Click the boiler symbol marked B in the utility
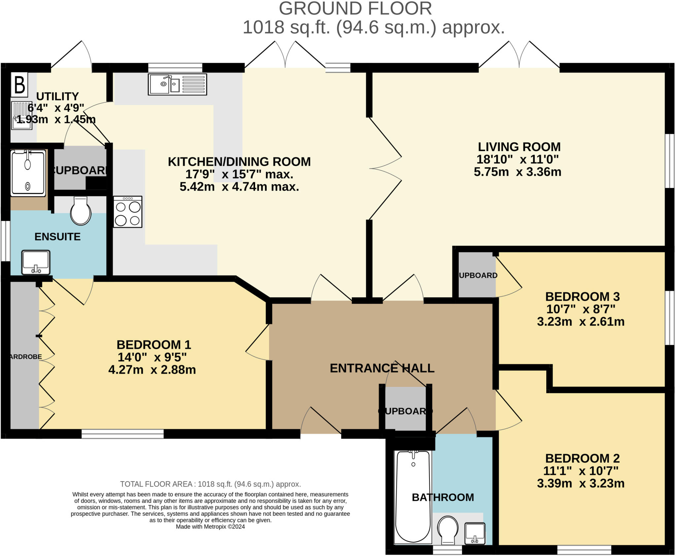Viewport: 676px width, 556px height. click(x=20, y=85)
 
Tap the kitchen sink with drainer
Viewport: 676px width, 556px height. click(x=177, y=84)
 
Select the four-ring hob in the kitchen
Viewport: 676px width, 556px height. click(x=128, y=212)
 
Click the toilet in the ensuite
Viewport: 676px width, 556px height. click(x=81, y=211)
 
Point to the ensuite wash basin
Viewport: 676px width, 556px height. click(x=36, y=262)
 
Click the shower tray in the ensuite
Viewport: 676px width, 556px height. click(x=28, y=173)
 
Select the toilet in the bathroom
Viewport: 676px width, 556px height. click(x=448, y=530)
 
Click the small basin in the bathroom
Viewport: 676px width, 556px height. click(x=475, y=533)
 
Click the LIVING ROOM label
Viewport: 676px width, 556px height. click(x=519, y=147)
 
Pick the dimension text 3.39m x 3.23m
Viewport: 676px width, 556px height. click(x=581, y=483)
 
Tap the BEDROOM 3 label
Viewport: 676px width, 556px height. click(x=582, y=296)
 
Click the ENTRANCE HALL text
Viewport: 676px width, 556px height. click(x=382, y=368)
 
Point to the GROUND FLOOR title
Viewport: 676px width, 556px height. click(x=355, y=9)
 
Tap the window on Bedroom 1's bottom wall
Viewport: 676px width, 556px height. click(x=122, y=434)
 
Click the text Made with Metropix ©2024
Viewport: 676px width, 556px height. click(x=210, y=527)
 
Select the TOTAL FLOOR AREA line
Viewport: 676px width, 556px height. click(x=210, y=484)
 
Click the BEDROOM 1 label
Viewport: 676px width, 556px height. click(x=154, y=345)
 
